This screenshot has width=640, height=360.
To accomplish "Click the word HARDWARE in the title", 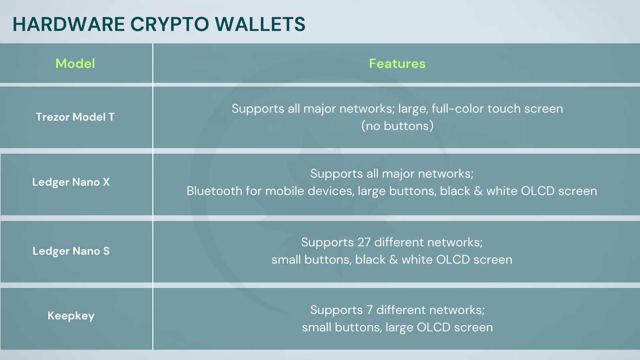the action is coord(69,24).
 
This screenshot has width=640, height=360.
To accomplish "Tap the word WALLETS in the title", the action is coord(260,24).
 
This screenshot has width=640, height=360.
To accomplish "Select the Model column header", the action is coord(75,64).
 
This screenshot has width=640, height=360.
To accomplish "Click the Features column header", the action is coord(397,64).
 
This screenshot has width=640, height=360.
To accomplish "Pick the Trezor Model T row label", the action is coord(75,117).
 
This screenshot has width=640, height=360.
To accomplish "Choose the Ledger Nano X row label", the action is coord(71,182).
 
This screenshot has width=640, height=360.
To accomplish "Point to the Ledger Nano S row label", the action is coord(71,251).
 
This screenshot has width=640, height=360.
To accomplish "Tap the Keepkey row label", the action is coord(71,316).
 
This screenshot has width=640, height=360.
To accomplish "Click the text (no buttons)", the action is coord(397,126).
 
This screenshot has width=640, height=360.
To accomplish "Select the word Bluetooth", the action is coord(214,191).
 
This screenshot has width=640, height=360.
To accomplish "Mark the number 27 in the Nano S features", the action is coord(364,242).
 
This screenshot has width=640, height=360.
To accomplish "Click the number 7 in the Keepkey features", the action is coord(370,310).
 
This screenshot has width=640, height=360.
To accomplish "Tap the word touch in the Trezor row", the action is coord(504,108).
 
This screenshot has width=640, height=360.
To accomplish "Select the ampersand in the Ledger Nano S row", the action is coord(394,260).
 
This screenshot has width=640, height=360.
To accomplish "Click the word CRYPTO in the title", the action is coord(170,24).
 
